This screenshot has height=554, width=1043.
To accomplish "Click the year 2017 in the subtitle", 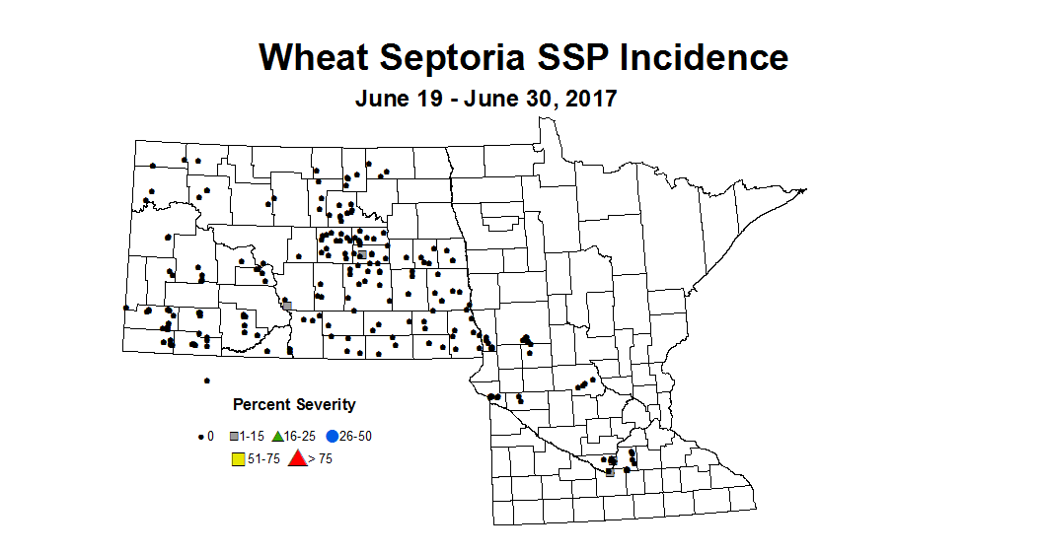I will [x=589, y=100].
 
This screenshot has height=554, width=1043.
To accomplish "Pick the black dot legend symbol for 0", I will [x=201, y=436].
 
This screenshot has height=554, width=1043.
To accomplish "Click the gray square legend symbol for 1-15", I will [x=234, y=436].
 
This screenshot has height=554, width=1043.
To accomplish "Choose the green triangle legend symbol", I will [x=278, y=435].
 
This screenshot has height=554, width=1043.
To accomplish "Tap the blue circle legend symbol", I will [x=333, y=436].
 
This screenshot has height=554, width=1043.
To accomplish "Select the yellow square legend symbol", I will [x=237, y=458].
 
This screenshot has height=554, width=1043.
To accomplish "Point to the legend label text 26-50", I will [x=356, y=436].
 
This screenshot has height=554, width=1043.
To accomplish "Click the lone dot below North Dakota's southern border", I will [x=206, y=381].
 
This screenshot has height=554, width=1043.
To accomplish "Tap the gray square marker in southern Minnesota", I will [x=610, y=472].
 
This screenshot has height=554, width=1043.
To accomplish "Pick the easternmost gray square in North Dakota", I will [x=362, y=254].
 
